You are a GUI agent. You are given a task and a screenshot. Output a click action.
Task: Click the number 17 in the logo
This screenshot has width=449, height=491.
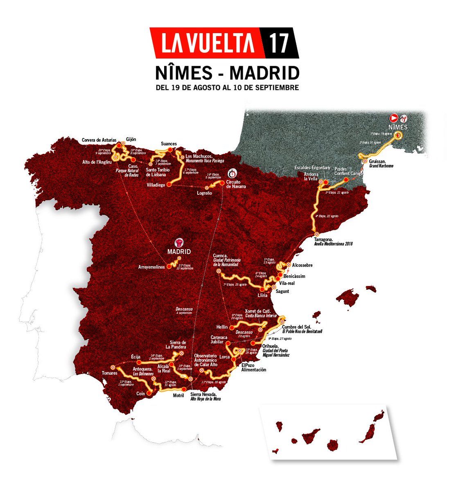(279, 43)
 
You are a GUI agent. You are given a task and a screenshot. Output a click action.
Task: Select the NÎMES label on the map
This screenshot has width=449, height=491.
(398, 127)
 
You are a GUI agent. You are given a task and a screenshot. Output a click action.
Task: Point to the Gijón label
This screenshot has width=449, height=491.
(131, 139)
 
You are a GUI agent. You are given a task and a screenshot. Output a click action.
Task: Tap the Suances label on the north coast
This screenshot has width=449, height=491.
(169, 144)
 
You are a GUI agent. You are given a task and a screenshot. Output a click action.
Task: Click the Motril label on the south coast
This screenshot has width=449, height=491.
(179, 395)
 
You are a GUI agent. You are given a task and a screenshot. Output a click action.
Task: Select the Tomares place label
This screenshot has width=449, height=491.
(110, 373)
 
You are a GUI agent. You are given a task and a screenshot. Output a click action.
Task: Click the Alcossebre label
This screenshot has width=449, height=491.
(302, 265)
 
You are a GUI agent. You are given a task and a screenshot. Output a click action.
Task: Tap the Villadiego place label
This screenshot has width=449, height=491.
(156, 185)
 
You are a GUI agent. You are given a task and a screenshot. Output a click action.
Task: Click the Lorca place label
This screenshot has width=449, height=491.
(225, 357)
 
